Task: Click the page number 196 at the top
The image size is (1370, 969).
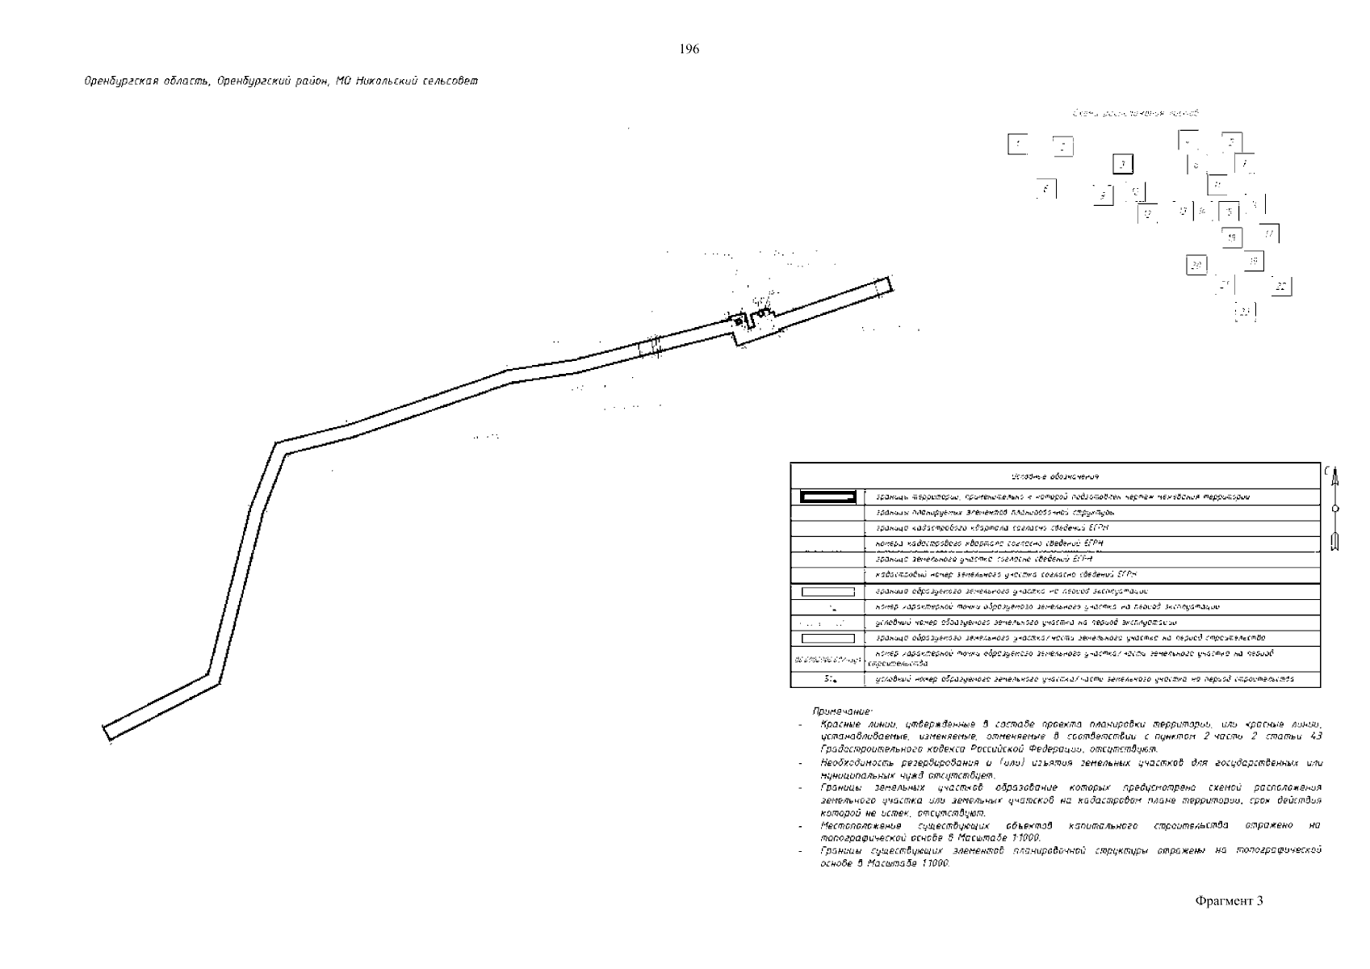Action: (x=689, y=49)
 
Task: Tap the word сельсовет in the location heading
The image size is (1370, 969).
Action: (x=453, y=82)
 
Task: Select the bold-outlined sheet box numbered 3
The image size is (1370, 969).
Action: (x=1121, y=165)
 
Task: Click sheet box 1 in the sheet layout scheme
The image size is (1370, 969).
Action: (x=1018, y=145)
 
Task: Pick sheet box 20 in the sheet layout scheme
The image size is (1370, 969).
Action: (x=1196, y=265)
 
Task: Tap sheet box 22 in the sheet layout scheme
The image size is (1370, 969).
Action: (x=1280, y=287)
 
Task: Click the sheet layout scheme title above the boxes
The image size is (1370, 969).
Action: (x=1135, y=113)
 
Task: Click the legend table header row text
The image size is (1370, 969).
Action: (x=1054, y=477)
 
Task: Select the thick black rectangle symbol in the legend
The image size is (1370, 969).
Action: (x=827, y=497)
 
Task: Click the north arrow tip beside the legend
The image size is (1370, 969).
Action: (x=1335, y=471)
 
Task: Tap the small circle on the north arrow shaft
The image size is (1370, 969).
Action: (x=1335, y=508)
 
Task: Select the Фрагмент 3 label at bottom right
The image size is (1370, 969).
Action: (x=1229, y=901)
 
